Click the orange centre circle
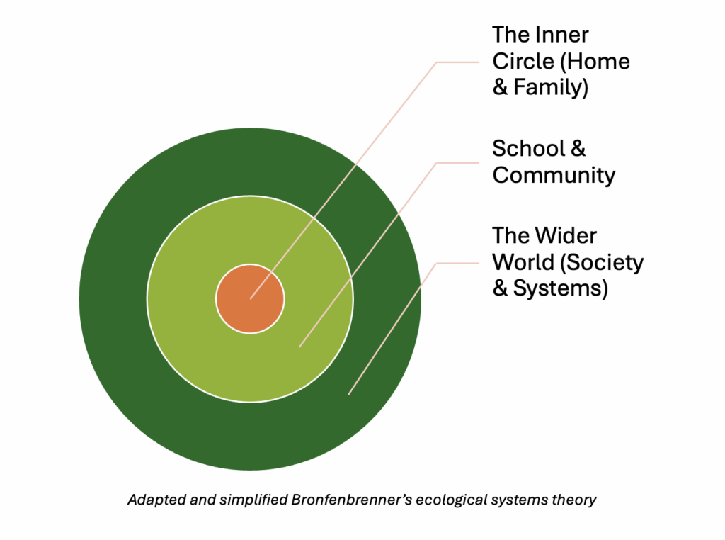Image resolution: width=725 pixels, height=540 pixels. click(250, 298)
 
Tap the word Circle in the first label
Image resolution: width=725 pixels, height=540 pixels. click(523, 61)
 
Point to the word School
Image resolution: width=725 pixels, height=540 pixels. click(528, 149)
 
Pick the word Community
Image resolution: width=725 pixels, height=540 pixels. click(554, 175)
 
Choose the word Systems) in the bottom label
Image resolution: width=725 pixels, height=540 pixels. click(561, 288)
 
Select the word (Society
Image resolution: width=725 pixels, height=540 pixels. click(602, 263)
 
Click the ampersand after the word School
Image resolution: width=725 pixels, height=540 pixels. click(578, 149)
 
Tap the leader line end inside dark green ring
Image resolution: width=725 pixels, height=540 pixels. click(348, 394)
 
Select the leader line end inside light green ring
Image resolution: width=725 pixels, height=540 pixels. click(299, 347)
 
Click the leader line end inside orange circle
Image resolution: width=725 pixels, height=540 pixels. click(251, 298)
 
